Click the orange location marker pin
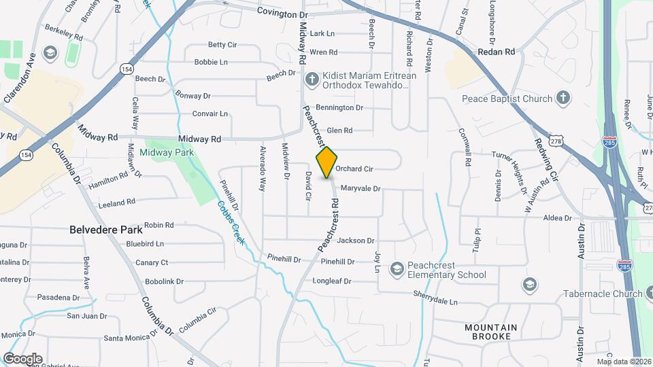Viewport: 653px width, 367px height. tap(326, 162)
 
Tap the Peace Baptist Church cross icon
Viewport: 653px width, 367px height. tap(563, 99)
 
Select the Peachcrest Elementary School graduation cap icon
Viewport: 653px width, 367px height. tap(397, 270)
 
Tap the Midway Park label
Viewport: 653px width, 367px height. tap(167, 152)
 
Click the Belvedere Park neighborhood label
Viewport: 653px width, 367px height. tap(106, 230)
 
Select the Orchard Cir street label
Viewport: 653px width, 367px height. tap(354, 169)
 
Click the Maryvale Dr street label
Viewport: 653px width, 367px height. tap(360, 188)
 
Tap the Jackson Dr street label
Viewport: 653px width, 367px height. tap(356, 240)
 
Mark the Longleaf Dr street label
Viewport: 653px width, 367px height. tap(331, 281)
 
